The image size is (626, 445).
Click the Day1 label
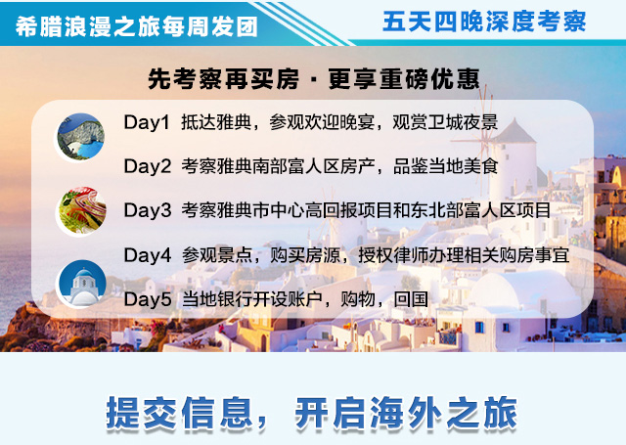pyautogui.click(x=147, y=122)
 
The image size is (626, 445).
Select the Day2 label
pyautogui.click(x=148, y=166)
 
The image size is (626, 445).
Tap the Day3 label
pyautogui.click(x=148, y=210)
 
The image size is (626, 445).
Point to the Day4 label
pyautogui.click(x=148, y=255)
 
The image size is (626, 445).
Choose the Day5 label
pyautogui.click(x=148, y=299)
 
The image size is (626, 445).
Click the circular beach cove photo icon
pyautogui.click(x=81, y=137)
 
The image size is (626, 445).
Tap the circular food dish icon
pyautogui.click(x=82, y=210)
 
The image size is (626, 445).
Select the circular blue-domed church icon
pyautogui.click(x=82, y=284)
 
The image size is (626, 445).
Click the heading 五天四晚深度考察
pyautogui.click(x=484, y=22)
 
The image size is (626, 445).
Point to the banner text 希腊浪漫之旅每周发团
pyautogui.click(x=137, y=27)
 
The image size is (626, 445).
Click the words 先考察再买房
pyautogui.click(x=224, y=79)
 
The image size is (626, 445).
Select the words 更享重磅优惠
pyautogui.click(x=404, y=79)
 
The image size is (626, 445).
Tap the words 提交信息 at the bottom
pyautogui.click(x=179, y=413)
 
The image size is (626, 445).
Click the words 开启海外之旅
pyautogui.click(x=406, y=413)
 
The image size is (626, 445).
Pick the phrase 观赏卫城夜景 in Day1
pyautogui.click(x=445, y=122)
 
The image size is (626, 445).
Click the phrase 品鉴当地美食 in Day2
pyautogui.click(x=446, y=166)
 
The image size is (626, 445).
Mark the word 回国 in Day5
pyautogui.click(x=411, y=299)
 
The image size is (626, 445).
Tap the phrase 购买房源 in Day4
pyautogui.click(x=305, y=255)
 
